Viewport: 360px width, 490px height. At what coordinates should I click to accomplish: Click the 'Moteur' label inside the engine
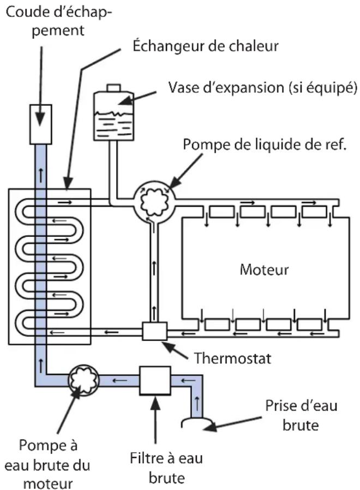point(264,270)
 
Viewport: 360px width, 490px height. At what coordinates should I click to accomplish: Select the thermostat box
point(155,331)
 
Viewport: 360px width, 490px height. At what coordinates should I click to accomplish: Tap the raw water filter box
point(155,381)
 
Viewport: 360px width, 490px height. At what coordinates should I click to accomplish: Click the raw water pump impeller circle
point(83,380)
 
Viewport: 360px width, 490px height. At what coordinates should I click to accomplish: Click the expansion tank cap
point(114,88)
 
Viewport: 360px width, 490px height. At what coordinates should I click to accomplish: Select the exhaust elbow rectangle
point(40,124)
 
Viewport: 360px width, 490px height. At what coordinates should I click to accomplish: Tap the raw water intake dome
point(197,422)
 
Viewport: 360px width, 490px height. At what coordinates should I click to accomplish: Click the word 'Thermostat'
point(233,358)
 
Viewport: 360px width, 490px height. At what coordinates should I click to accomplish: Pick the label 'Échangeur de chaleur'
point(206,46)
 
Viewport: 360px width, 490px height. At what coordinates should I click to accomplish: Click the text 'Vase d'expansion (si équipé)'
point(263,87)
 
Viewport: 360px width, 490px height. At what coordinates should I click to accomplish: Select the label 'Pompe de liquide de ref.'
point(265,145)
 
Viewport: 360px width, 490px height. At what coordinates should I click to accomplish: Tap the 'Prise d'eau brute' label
point(301,415)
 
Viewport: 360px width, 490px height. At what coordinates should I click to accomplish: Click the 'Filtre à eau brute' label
point(166,468)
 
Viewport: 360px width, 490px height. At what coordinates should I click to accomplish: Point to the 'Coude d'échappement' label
point(59,21)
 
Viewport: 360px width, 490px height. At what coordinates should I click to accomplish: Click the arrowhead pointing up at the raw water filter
point(155,403)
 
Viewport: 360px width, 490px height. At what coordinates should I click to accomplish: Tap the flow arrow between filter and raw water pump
point(119,381)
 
